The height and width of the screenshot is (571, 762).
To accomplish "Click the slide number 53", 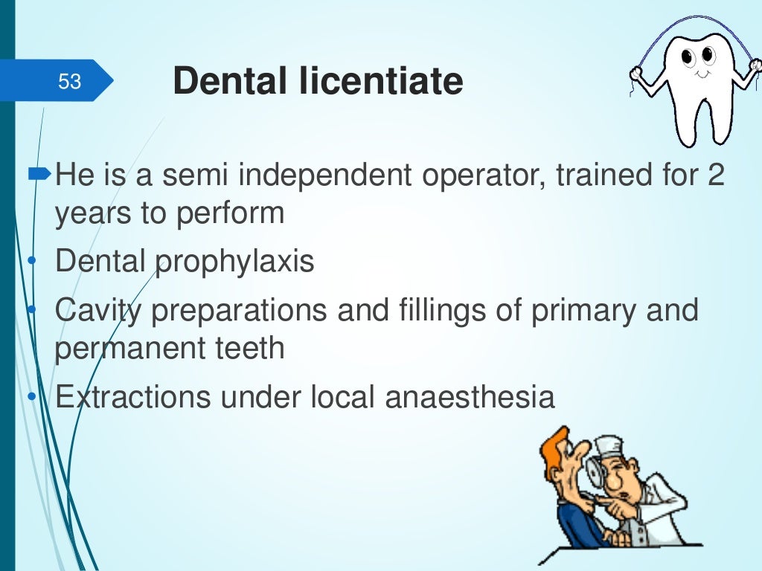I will click(x=69, y=81).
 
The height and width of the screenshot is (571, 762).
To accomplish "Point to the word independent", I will click(x=318, y=176).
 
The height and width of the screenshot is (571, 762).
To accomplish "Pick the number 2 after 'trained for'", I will click(x=715, y=176).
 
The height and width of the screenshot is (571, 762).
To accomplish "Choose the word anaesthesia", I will click(x=470, y=397).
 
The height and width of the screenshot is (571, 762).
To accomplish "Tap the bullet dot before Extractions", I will click(x=32, y=397).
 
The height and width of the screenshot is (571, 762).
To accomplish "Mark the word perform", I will click(x=231, y=213).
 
